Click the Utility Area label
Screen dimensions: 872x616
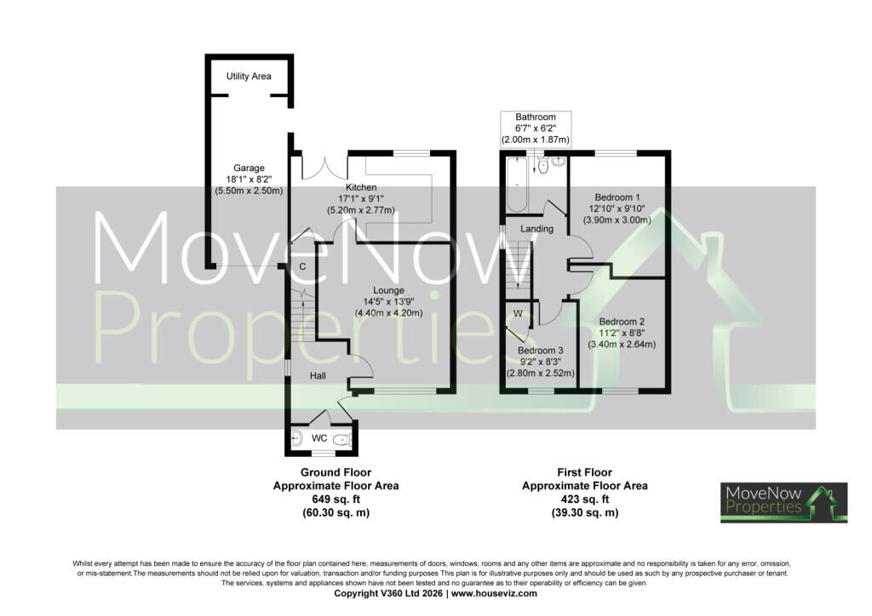249,76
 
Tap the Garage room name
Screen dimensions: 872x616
249,168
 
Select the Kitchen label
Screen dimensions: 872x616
361,187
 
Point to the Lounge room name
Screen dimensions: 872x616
388,290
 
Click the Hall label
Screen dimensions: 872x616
318,375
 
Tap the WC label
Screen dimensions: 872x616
319,438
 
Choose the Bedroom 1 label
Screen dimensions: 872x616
617,197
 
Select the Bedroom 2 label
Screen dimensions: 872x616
622,322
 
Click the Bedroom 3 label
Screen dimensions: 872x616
541,351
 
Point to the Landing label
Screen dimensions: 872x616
536,228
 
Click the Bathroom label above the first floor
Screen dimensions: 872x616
536,117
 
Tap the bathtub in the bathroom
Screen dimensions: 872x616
517,185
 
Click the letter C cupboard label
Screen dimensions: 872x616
302,266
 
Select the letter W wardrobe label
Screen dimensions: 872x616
518,313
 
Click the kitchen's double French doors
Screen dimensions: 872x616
324,168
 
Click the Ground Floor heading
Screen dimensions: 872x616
336,473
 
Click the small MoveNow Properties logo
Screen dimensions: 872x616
784,503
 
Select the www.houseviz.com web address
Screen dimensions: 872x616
495,593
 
